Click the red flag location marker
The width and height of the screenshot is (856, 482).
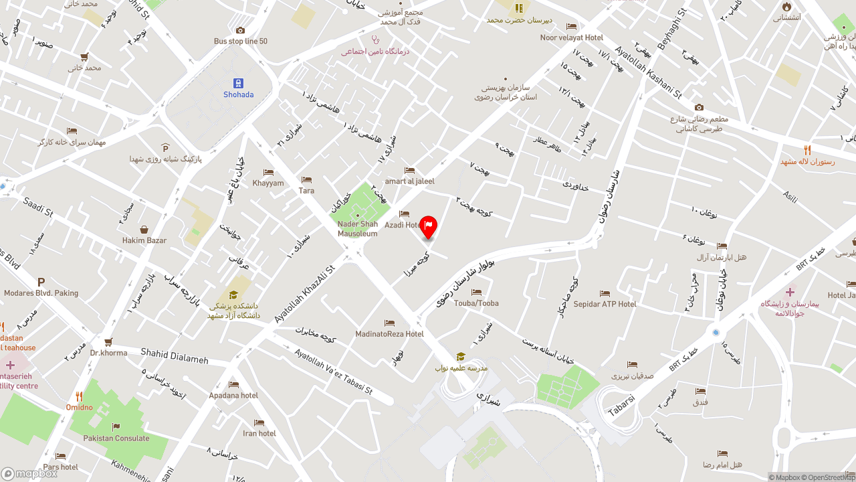429,227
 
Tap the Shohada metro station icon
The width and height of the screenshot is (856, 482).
238,83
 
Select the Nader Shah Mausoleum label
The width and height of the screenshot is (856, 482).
357,229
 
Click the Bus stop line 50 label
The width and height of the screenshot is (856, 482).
241,41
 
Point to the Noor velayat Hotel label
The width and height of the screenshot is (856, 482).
572,37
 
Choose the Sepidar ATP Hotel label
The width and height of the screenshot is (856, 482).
605,304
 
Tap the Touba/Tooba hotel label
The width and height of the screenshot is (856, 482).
476,303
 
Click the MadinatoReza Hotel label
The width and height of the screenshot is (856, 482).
389,333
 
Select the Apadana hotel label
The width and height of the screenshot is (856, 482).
233,395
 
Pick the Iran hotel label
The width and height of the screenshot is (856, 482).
259,433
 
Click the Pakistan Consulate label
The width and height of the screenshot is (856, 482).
116,438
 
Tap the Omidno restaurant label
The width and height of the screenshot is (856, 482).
79,406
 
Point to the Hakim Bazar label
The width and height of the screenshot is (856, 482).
144,240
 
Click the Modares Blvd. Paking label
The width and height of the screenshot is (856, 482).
41,293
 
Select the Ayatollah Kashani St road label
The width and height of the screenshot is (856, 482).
648,72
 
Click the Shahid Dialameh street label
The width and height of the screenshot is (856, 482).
174,356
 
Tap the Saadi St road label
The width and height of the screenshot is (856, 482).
37,207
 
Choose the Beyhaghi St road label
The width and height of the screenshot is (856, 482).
672,33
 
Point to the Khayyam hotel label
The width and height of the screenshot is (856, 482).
268,183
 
